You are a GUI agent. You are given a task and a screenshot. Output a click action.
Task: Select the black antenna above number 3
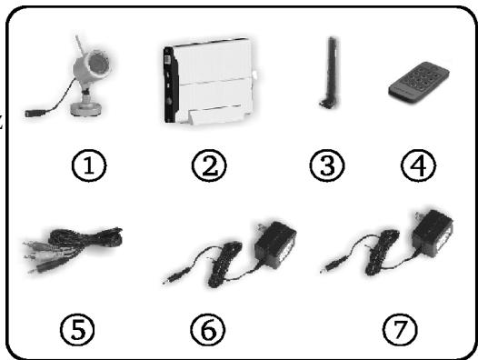pyautogui.click(x=329, y=73)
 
